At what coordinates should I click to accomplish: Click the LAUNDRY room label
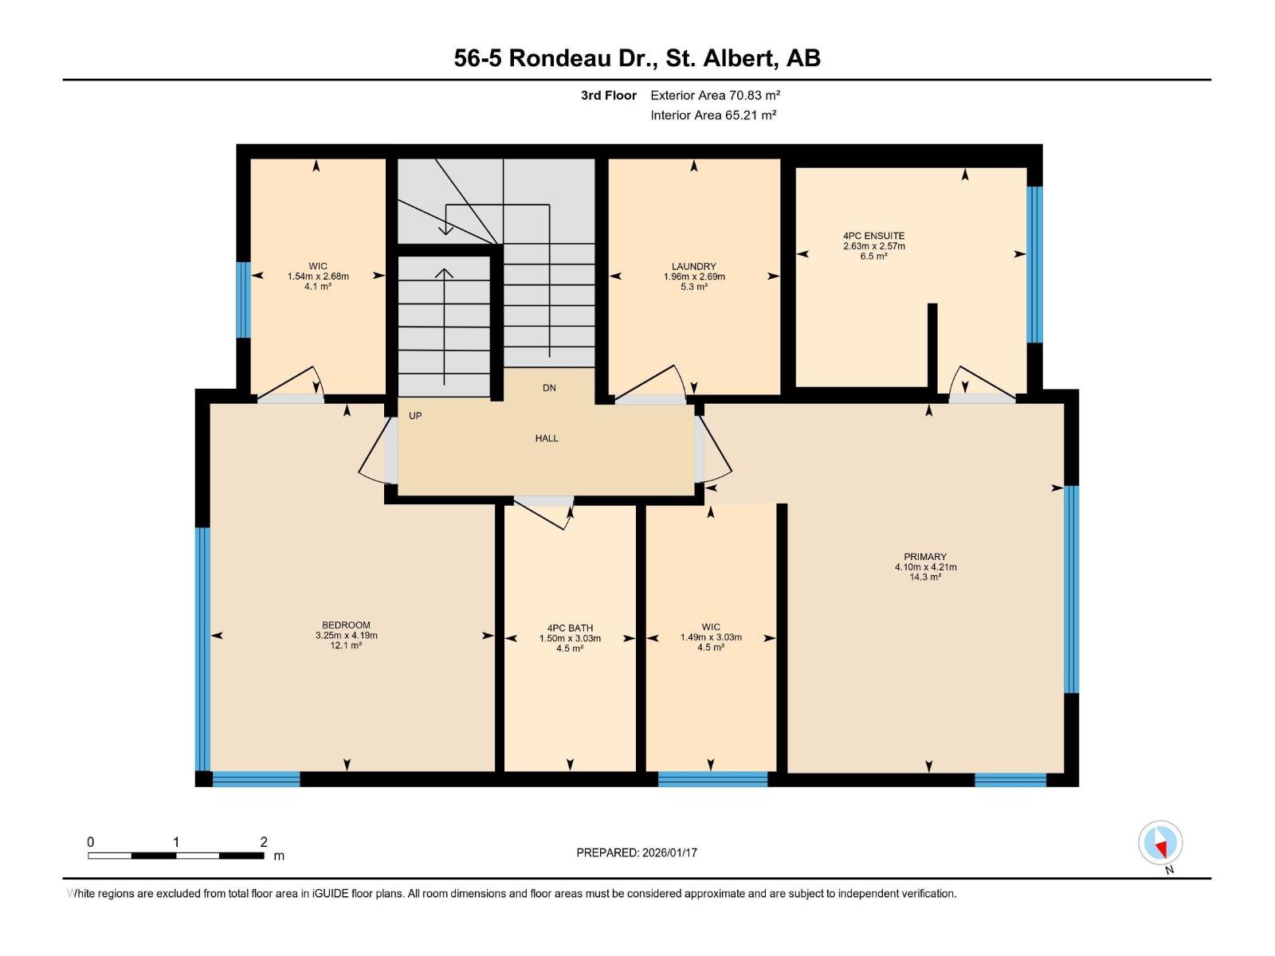pos(693,267)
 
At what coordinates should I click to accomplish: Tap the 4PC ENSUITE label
pos(873,236)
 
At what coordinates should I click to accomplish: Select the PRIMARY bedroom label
pos(924,557)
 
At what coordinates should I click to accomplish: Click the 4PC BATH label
pos(570,628)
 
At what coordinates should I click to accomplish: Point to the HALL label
pos(547,438)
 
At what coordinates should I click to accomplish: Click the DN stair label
pos(549,388)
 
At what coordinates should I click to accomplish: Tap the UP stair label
pos(415,416)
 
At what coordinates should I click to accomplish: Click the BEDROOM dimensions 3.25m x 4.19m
pos(346,636)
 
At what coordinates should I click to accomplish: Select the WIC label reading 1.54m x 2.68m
pos(318,276)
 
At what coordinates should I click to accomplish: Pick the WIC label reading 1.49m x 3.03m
pos(711,637)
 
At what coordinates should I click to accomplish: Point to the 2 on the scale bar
pos(264,842)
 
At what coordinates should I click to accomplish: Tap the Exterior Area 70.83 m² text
pos(715,95)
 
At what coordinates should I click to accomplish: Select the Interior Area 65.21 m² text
pos(713,115)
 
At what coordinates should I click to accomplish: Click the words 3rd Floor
pos(608,95)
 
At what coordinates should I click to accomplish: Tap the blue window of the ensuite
pos(1034,264)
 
